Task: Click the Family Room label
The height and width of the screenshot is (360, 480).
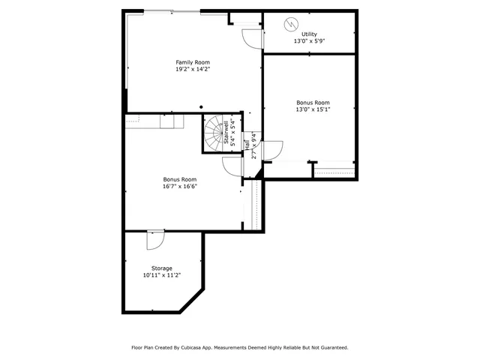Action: (193, 62)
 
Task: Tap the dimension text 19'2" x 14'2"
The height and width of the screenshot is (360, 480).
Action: (193, 69)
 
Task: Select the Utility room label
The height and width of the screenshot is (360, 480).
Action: (309, 34)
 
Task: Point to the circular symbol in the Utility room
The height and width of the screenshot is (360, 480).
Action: (290, 24)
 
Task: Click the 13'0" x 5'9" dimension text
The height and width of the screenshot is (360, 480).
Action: (309, 41)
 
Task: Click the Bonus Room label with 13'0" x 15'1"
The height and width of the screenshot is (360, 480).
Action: (313, 103)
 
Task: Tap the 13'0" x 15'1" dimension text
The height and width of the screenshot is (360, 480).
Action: (313, 109)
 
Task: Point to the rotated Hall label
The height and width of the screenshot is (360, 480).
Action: (247, 145)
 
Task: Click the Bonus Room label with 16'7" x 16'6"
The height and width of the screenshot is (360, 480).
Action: (180, 179)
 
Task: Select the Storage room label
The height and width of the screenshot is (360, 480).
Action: (162, 268)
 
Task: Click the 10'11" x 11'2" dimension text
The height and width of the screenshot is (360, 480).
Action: (162, 275)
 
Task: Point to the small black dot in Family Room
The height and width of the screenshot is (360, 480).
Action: (201, 107)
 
